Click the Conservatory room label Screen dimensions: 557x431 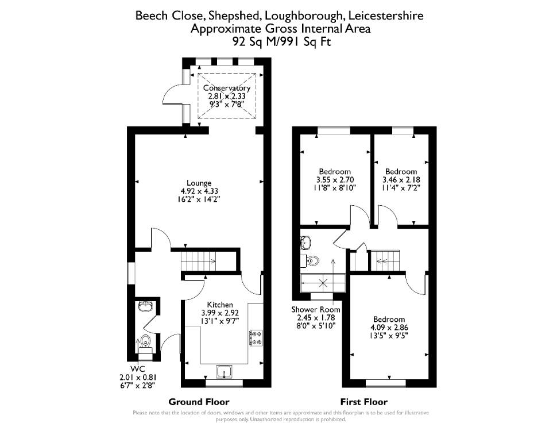pyautogui.click(x=227, y=88)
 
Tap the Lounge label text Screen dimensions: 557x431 pyautogui.click(x=199, y=183)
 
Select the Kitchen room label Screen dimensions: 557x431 pyautogui.click(x=220, y=305)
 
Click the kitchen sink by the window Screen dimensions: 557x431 pyautogui.click(x=224, y=371)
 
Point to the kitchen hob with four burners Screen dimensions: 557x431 pyautogui.click(x=256, y=338)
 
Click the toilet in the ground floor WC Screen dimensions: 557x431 pyautogui.click(x=145, y=340)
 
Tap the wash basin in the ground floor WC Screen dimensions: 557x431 pyautogui.click(x=145, y=306)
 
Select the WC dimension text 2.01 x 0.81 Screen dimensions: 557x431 pyautogui.click(x=138, y=378)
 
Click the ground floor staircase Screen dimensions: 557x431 pyautogui.click(x=198, y=261)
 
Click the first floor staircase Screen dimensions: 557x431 pyautogui.click(x=385, y=261)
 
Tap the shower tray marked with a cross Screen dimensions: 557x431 pyautogui.click(x=323, y=283)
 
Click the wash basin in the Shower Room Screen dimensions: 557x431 pyautogui.click(x=305, y=242)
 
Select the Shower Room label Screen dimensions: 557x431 pyautogui.click(x=316, y=310)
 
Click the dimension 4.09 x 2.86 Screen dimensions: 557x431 pyautogui.click(x=389, y=328)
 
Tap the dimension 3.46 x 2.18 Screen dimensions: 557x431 pyautogui.click(x=401, y=180)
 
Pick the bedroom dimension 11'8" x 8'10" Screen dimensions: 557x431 pyautogui.click(x=335, y=188)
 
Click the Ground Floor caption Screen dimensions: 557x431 pyautogui.click(x=199, y=402)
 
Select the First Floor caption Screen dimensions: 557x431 pyautogui.click(x=364, y=402)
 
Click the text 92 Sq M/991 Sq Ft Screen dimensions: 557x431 pyautogui.click(x=282, y=41)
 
